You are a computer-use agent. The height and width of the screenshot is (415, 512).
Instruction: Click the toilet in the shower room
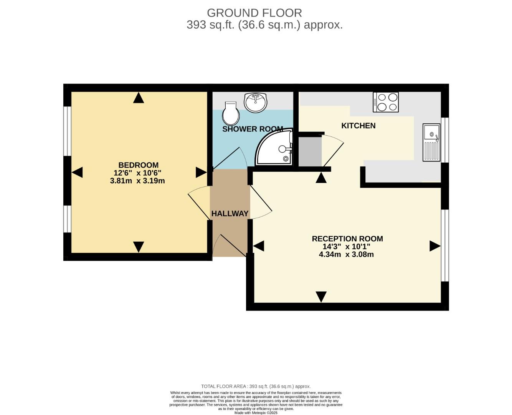[231, 112]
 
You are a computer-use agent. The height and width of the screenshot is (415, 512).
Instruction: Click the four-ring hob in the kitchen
[386, 102]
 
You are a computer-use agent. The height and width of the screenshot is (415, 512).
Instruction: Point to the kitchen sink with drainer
[431, 142]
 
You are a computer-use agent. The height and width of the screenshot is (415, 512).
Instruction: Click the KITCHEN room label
[358, 126]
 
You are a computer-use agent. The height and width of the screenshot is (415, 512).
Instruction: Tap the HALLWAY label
[230, 214]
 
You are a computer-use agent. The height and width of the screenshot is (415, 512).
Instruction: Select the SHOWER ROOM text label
[253, 129]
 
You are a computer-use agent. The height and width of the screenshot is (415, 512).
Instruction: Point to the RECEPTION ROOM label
[347, 239]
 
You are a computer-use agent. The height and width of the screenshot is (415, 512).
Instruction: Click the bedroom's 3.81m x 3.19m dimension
[137, 181]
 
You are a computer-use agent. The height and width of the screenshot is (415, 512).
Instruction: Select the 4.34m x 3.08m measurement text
[346, 254]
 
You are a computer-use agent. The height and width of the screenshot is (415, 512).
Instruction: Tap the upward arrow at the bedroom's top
[139, 98]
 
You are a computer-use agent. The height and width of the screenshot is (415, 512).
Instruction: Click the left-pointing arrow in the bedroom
[77, 172]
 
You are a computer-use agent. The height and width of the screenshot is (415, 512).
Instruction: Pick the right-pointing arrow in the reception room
[434, 246]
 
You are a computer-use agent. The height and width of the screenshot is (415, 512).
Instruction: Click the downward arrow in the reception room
[321, 296]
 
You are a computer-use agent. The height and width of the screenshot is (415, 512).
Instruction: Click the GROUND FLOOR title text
[254, 13]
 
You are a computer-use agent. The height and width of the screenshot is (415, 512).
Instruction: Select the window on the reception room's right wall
[445, 246]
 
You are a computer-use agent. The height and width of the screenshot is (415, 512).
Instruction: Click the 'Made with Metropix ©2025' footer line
[256, 413]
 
